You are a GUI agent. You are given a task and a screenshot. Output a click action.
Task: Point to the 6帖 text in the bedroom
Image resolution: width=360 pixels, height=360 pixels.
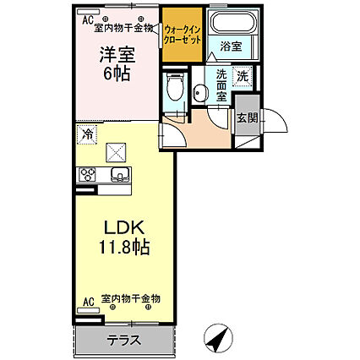[114, 74]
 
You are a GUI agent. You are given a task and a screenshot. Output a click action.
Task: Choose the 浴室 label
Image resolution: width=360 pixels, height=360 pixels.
[230, 47]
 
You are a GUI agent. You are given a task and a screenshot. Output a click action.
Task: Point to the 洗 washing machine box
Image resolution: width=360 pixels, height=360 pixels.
[243, 77]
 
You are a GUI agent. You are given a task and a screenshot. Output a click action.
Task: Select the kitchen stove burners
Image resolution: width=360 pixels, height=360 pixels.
[87, 175]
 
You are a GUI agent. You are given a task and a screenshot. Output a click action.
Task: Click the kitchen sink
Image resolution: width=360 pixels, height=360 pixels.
[118, 175]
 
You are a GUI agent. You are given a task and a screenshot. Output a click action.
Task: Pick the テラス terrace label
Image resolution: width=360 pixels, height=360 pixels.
[123, 341]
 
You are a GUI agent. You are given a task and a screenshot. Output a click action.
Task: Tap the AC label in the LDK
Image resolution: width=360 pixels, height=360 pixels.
[88, 299]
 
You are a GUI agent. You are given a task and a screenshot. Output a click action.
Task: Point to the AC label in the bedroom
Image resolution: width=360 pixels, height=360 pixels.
[88, 18]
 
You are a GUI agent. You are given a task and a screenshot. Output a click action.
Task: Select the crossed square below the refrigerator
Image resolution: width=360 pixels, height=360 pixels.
[115, 152]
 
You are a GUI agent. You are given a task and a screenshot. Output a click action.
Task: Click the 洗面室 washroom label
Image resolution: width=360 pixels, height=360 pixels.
[221, 85]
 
